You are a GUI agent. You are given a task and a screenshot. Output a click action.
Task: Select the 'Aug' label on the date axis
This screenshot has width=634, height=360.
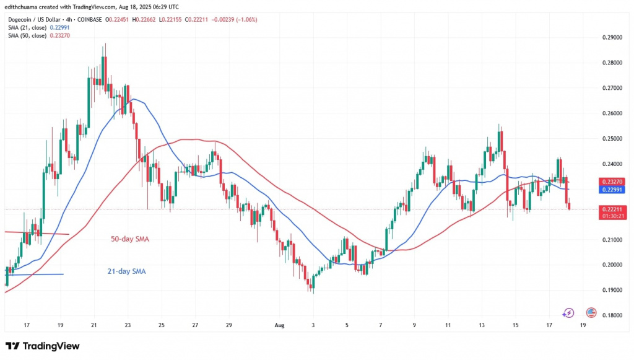[x=277, y=325]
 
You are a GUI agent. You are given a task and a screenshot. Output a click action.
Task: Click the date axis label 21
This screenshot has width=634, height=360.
[x=93, y=325]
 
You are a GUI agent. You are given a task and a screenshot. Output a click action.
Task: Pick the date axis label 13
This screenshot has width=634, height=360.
[x=482, y=325]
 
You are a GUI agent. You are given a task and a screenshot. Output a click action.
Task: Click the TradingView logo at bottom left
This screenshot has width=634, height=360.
[x=42, y=345]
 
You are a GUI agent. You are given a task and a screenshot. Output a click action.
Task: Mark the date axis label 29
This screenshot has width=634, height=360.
[x=228, y=325]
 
